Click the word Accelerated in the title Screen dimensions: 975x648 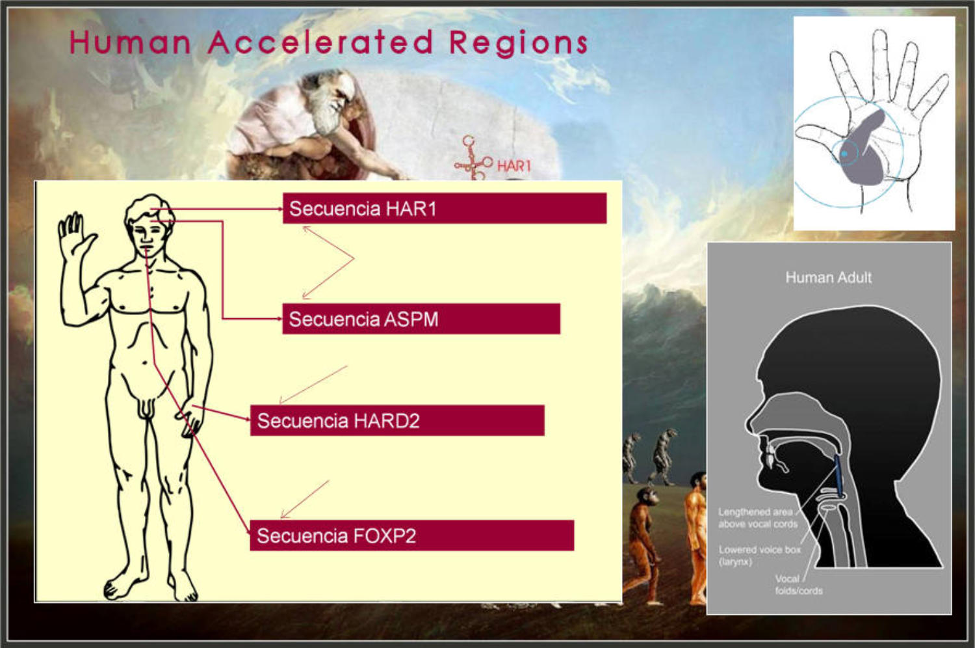(x=320, y=42)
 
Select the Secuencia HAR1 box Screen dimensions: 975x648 (x=445, y=208)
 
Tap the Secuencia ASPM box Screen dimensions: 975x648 (x=421, y=319)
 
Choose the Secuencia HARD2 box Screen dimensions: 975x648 (x=397, y=420)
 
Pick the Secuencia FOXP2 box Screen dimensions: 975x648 (x=411, y=535)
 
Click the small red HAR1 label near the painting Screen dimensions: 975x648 (x=514, y=166)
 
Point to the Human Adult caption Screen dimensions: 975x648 (x=828, y=278)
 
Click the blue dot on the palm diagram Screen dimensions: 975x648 (x=844, y=154)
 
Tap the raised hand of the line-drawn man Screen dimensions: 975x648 (x=75, y=237)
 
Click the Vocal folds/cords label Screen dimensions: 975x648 (x=799, y=585)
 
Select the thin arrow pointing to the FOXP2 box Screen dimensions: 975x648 (x=305, y=500)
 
